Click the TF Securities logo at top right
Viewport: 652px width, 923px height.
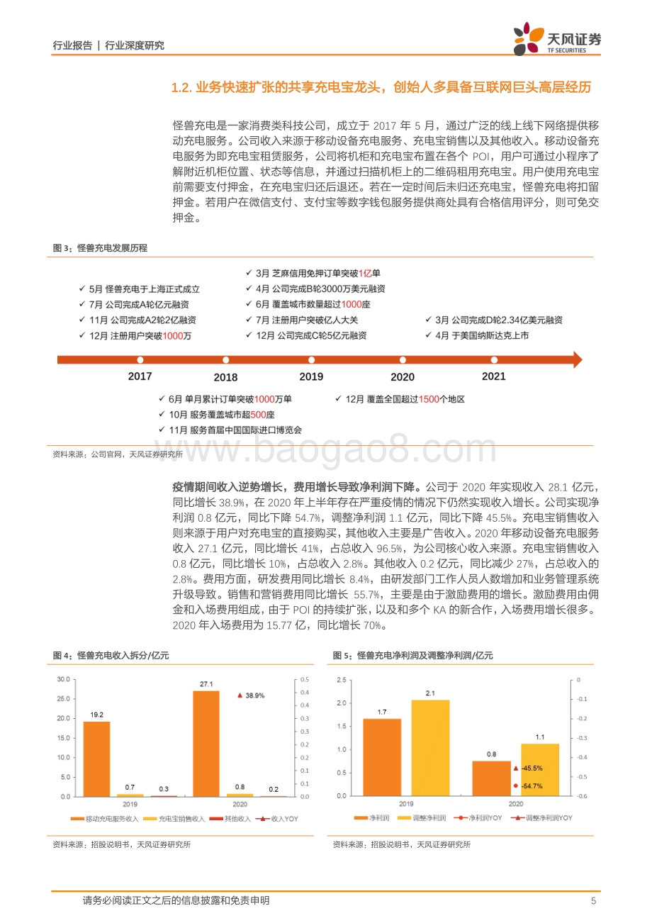point(557,39)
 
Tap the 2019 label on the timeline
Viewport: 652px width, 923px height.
point(311,376)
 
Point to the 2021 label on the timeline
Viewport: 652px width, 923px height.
point(494,376)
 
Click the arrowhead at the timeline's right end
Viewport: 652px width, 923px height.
point(577,360)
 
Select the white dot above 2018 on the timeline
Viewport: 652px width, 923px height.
point(225,360)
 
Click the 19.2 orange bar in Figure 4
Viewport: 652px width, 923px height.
point(96,759)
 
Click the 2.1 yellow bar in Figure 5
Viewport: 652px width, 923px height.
point(430,748)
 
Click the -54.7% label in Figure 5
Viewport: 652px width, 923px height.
point(532,786)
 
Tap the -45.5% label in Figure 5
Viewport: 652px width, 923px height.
point(532,768)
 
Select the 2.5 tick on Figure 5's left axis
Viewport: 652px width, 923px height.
point(342,680)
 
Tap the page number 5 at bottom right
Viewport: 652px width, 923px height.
point(594,900)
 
